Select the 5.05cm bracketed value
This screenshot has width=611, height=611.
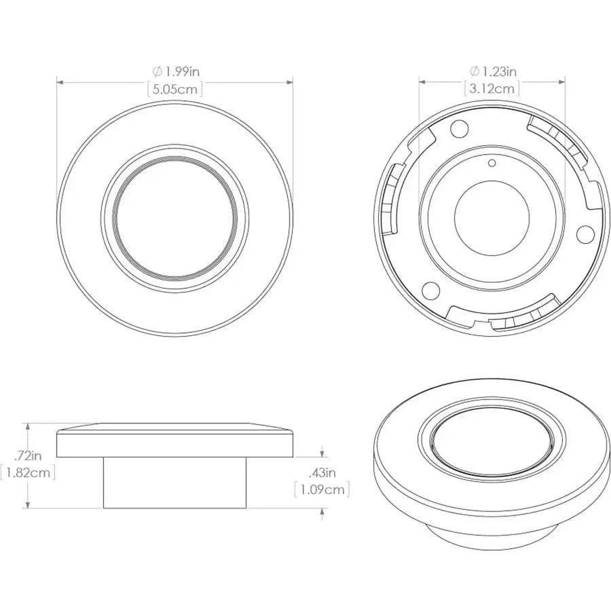pos(174,88)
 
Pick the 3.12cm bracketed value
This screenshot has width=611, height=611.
pos(492,88)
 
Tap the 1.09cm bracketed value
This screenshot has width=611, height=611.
pos(322,489)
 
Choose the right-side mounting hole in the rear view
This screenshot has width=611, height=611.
pos(585,234)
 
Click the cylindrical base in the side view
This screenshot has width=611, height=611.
pos(175,482)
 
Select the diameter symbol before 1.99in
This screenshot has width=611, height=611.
pos(157,71)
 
